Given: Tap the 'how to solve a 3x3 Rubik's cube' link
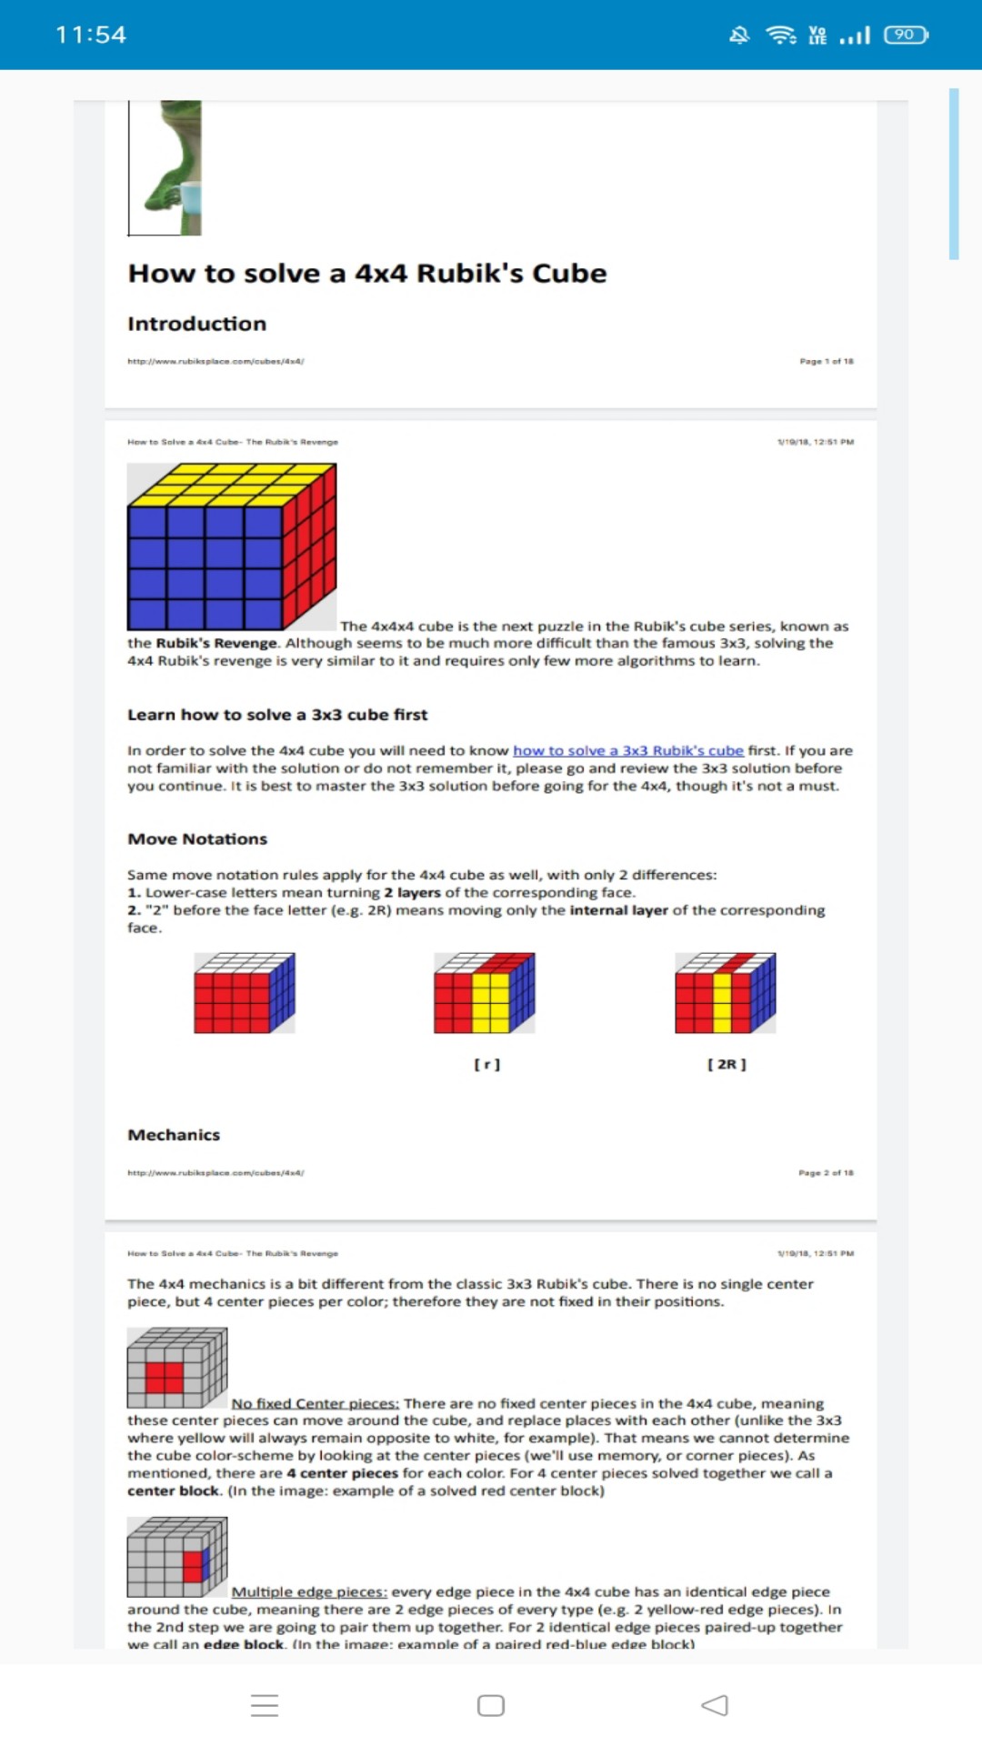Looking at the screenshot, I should tap(627, 750).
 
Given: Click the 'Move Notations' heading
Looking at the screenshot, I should tap(197, 838).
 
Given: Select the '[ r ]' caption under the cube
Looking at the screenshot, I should tap(486, 1064).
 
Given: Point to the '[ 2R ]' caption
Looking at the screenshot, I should tap(726, 1064).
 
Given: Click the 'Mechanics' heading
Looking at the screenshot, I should tap(174, 1135).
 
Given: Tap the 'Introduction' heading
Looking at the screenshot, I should tap(196, 324).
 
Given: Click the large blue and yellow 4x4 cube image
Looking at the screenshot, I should tap(232, 547).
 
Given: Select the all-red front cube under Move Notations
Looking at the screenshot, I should tap(244, 993).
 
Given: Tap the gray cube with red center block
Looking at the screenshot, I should tap(176, 1368).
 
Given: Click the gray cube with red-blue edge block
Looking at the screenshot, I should tap(176, 1557).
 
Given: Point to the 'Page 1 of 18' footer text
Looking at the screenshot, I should tap(826, 361).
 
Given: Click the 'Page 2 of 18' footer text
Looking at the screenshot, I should tap(826, 1173).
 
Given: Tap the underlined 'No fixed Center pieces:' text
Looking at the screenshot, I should tap(315, 1403).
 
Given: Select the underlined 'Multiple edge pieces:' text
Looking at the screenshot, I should tap(309, 1591).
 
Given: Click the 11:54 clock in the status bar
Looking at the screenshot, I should tap(91, 35).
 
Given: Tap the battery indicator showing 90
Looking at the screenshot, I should tap(906, 35).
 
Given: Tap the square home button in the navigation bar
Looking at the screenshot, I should tap(491, 1705).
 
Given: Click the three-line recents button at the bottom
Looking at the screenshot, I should tap(265, 1705).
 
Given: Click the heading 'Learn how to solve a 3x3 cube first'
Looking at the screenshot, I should tap(277, 715).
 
